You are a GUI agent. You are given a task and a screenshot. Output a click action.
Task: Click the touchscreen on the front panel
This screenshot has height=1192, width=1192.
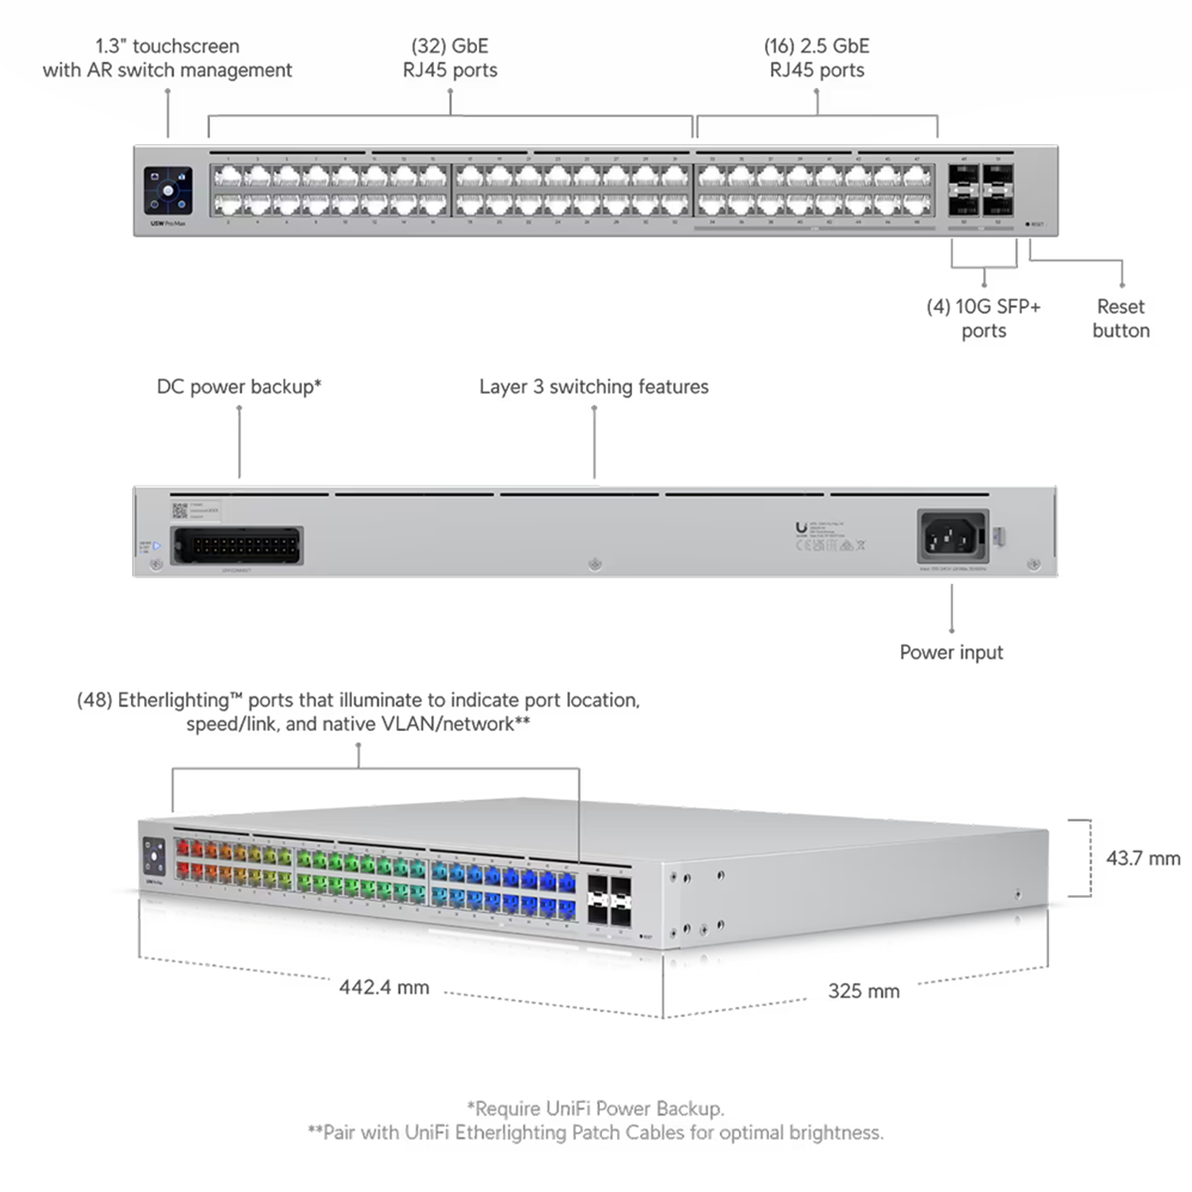pos(168,190)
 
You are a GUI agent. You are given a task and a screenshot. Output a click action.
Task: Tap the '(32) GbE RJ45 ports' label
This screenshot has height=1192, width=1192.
pos(450,58)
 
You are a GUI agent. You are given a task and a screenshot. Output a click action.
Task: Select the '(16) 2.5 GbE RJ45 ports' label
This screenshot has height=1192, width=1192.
pos(817,58)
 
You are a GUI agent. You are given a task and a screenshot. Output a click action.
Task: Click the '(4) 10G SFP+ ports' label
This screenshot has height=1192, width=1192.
pos(983,319)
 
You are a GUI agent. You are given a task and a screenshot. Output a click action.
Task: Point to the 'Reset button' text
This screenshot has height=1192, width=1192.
pos(1120,319)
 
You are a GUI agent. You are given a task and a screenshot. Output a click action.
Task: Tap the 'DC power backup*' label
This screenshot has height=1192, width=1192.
pos(239,386)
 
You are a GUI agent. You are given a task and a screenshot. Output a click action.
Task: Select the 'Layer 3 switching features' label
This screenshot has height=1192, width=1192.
pos(594,386)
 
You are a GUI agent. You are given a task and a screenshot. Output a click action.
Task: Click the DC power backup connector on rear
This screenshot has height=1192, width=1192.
pos(236,545)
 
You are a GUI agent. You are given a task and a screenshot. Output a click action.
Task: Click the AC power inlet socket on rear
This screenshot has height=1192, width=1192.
pos(952,537)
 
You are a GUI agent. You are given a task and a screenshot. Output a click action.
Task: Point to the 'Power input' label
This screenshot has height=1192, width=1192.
pos(951,653)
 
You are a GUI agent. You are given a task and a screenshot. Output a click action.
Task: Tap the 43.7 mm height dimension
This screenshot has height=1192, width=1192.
pos(1143,858)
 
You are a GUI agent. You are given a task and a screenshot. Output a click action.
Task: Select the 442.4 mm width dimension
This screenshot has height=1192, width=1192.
pos(384,987)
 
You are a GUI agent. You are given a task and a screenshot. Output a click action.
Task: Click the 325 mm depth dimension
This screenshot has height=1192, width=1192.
pos(863,990)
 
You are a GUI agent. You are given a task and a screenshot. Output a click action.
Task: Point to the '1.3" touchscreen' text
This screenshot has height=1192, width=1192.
pos(167,46)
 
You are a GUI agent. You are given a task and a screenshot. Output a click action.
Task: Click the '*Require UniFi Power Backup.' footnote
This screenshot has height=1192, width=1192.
pos(595,1109)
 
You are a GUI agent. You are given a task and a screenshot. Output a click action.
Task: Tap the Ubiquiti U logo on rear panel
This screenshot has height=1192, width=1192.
pos(802,529)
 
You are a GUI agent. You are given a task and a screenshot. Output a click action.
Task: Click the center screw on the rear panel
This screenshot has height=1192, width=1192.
pos(595,564)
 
